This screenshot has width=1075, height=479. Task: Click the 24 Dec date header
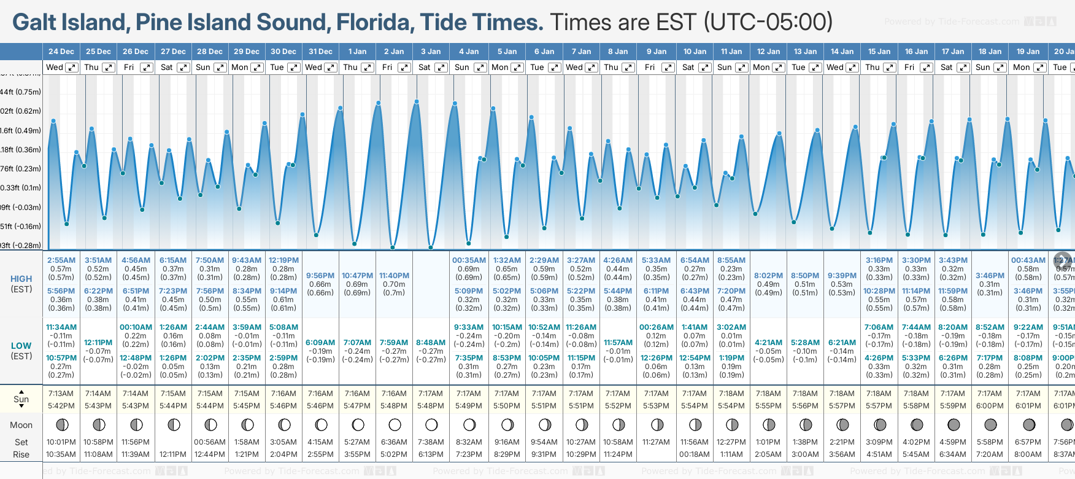61,52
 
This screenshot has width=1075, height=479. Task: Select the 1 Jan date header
357,52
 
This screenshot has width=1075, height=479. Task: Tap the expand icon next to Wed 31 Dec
331,68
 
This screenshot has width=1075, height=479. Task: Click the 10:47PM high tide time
357,276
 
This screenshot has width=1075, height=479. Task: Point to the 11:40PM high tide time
394,276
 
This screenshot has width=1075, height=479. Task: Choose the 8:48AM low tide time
431,343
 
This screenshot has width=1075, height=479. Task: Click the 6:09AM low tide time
320,343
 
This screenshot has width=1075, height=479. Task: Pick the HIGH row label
21,279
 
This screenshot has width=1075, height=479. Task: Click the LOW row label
21,346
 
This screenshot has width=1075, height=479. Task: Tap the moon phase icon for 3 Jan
431,424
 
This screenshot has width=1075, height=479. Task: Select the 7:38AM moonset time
431,442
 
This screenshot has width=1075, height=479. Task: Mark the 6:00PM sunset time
990,406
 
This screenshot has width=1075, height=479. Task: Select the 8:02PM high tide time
768,276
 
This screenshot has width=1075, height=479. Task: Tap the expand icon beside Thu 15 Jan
890,68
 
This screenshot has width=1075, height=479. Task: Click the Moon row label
21,425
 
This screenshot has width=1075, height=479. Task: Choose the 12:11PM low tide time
98,343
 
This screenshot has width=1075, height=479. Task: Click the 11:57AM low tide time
618,343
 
